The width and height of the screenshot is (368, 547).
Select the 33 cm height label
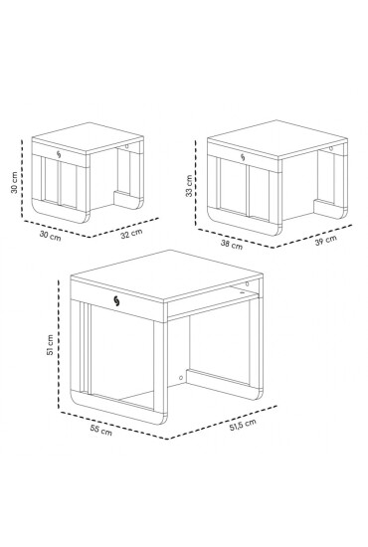tap(189, 187)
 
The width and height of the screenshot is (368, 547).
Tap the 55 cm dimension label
tap(99, 432)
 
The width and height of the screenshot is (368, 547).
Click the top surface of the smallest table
tap(90, 139)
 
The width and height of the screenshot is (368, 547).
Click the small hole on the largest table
tap(180, 379)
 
